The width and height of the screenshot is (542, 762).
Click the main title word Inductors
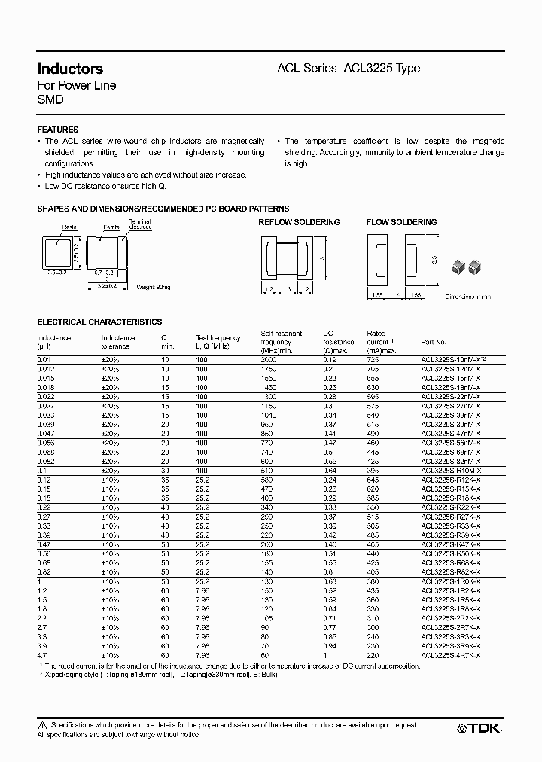70,69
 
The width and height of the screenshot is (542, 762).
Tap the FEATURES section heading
57,130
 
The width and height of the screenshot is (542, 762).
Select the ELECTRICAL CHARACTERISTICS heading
99,322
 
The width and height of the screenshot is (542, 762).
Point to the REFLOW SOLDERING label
299,222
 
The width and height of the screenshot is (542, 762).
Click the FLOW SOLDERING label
401,222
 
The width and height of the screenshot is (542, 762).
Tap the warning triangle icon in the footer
41,724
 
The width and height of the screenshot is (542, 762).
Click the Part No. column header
434,341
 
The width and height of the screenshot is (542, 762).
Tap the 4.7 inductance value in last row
43,656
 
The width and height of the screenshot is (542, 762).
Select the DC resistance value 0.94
330,646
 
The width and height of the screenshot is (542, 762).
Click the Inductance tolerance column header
119,342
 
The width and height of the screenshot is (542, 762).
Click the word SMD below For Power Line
50,99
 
